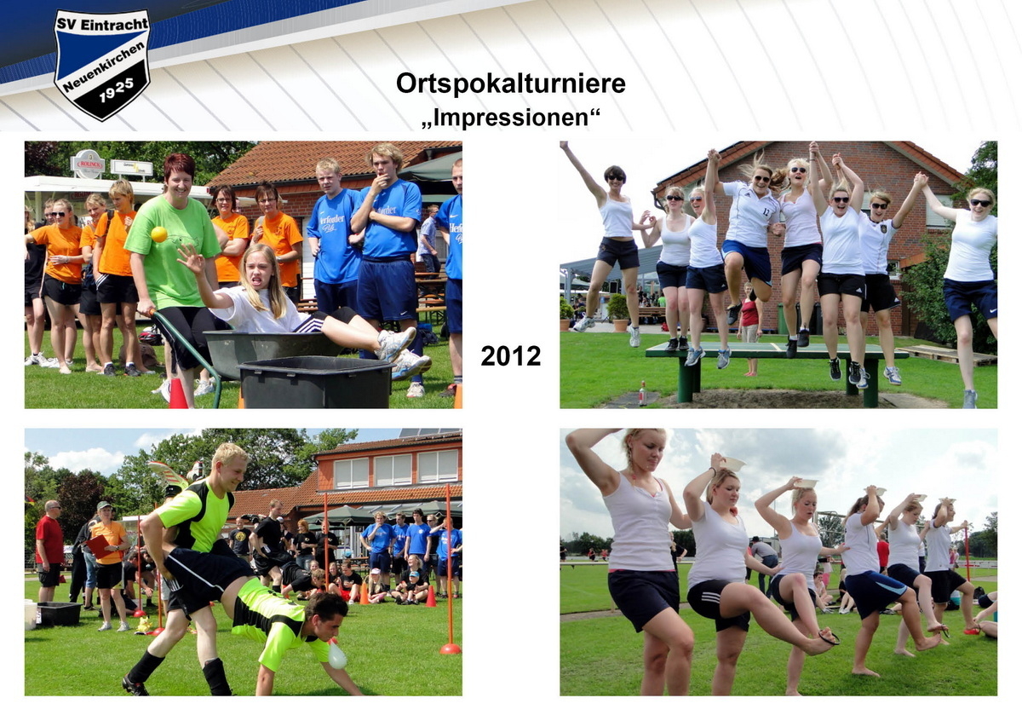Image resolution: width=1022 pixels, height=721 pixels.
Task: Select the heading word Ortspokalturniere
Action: pyautogui.click(x=510, y=84)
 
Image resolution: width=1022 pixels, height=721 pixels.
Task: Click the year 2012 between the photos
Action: pyautogui.click(x=510, y=356)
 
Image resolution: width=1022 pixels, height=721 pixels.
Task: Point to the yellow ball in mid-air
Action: pyautogui.click(x=158, y=234)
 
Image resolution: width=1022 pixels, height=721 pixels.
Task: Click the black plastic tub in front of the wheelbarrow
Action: pyautogui.click(x=314, y=383)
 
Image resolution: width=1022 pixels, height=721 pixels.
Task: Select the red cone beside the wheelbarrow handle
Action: pyautogui.click(x=177, y=394)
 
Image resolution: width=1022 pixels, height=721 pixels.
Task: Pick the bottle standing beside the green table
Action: pyautogui.click(x=642, y=394)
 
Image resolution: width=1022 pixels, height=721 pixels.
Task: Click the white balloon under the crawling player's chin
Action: pyautogui.click(x=337, y=655)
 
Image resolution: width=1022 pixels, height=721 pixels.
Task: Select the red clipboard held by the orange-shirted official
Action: pyautogui.click(x=97, y=546)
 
